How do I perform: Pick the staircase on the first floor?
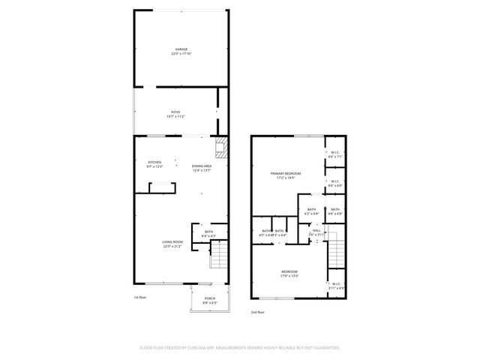[217, 256]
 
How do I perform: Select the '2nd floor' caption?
[258, 311]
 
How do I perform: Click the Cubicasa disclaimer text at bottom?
[239, 347]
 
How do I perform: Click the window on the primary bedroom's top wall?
[303, 136]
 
